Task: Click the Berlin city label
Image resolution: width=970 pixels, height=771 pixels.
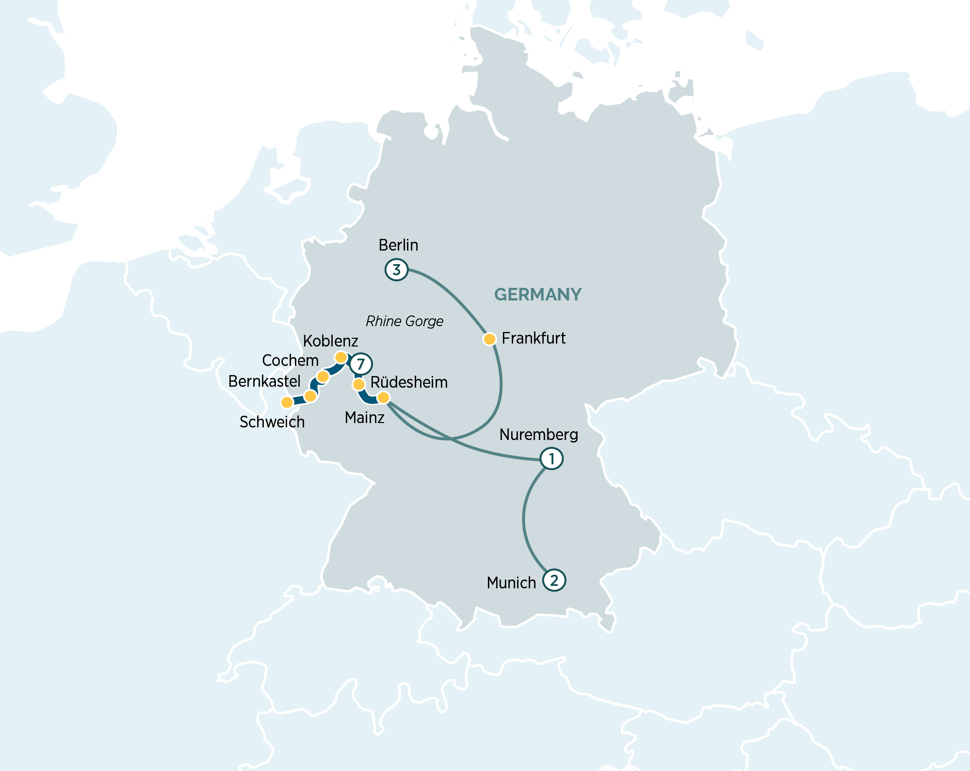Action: (x=398, y=245)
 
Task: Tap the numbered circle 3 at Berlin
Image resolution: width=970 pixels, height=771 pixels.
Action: (x=396, y=269)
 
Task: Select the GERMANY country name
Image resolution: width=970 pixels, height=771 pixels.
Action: (x=537, y=294)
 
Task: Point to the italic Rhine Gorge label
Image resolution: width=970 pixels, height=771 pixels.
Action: (x=404, y=321)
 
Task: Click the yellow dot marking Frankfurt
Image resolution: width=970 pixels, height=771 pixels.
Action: (x=489, y=339)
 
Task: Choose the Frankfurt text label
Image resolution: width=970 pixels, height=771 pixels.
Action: (x=533, y=338)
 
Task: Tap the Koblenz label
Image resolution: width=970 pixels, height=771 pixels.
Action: (x=330, y=341)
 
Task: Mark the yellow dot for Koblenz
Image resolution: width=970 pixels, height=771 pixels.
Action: (x=341, y=358)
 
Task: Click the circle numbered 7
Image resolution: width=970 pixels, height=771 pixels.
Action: (x=361, y=364)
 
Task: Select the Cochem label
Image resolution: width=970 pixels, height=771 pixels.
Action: (x=290, y=361)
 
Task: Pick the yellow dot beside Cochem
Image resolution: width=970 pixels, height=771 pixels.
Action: (x=323, y=377)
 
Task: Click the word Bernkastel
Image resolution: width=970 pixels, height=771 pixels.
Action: (x=264, y=381)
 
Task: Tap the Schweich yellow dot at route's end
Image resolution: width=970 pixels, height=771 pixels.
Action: (x=287, y=402)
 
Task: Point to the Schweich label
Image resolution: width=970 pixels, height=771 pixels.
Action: (x=272, y=422)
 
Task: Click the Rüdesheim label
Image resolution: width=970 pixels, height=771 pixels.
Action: (x=409, y=382)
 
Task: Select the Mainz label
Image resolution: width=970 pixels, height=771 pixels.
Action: (x=364, y=418)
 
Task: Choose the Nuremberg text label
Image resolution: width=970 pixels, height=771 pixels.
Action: (x=538, y=435)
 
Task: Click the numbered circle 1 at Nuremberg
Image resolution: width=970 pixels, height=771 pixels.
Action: (x=551, y=458)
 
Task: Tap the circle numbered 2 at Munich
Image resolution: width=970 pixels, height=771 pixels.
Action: (x=554, y=580)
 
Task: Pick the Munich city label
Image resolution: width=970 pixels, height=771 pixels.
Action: (x=511, y=583)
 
